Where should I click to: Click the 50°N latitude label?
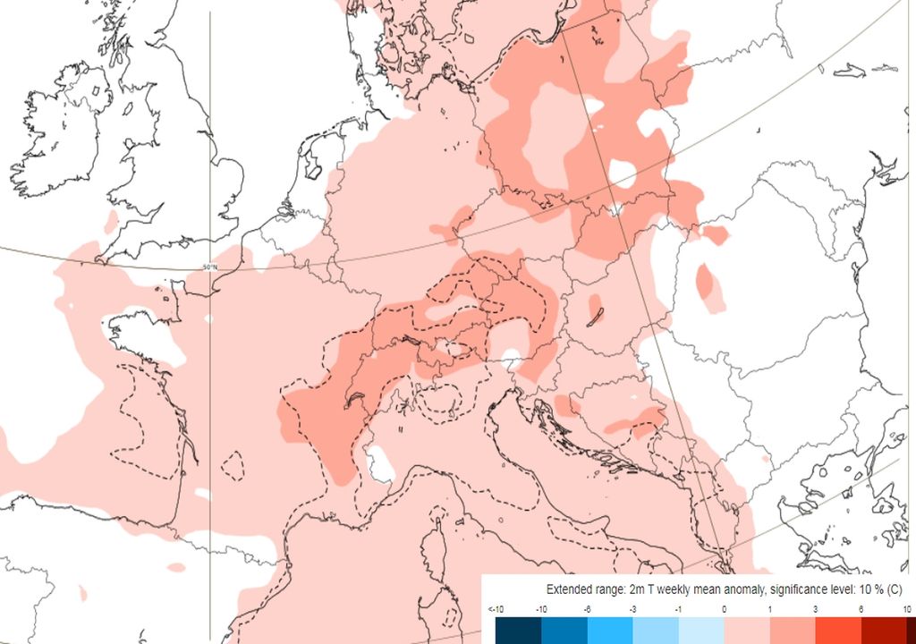pos(210,267)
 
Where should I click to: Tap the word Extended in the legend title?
pos(569,590)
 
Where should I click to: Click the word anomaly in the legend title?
pos(733,590)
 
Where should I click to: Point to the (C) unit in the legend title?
pos(894,590)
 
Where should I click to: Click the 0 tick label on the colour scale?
pos(724,609)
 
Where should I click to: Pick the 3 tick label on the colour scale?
pos(815,609)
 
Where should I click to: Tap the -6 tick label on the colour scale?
pos(587,609)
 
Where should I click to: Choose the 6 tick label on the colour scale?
pos(861,609)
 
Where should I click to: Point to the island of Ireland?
pos(54,134)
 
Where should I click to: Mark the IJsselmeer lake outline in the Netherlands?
pos(312,165)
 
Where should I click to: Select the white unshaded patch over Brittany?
pos(134,331)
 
